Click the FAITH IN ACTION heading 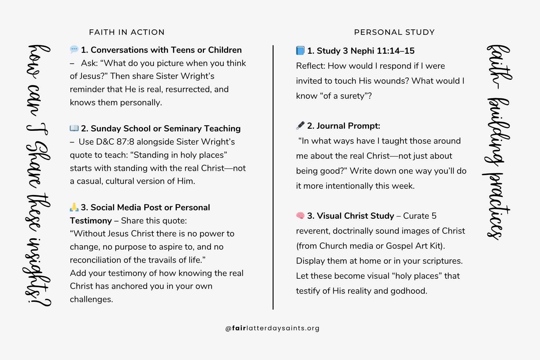127,32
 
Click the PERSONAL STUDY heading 394,32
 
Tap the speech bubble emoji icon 74,49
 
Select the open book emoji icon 74,128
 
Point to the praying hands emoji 74,207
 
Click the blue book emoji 300,50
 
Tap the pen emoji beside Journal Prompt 300,125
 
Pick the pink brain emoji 300,215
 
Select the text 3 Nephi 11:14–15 380,51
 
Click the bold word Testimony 91,221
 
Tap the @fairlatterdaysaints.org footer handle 272,328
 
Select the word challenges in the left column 91,299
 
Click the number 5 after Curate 434,216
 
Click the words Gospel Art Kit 414,246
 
